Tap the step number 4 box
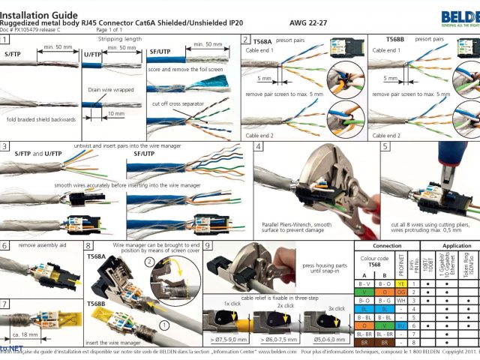(x=258, y=147)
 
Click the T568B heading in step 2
(x=397, y=38)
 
